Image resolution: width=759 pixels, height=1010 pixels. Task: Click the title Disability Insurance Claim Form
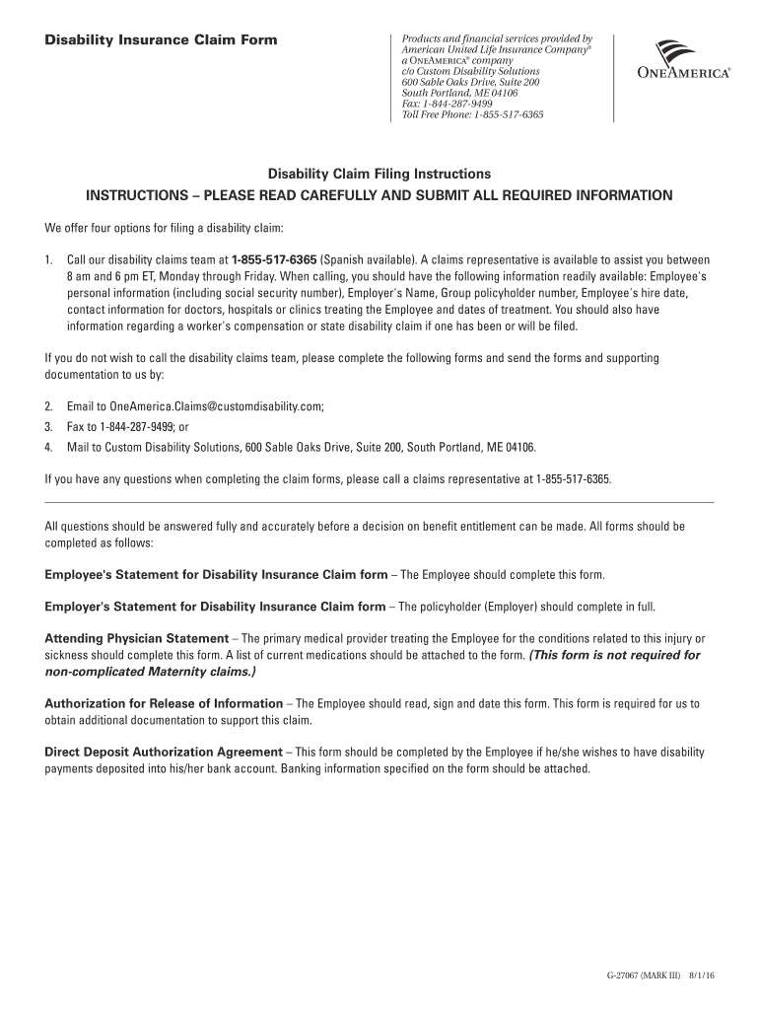point(162,40)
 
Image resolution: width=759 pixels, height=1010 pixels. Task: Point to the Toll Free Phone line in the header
point(473,114)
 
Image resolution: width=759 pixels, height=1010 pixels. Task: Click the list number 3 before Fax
point(48,427)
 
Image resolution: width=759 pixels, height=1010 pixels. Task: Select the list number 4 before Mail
point(48,447)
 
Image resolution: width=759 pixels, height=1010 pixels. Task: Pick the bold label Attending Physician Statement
point(137,639)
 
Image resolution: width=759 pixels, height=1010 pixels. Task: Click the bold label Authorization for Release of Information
point(164,704)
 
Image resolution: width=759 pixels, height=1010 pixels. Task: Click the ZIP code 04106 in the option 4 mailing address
point(519,447)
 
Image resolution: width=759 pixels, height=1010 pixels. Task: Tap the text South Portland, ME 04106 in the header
point(458,93)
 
